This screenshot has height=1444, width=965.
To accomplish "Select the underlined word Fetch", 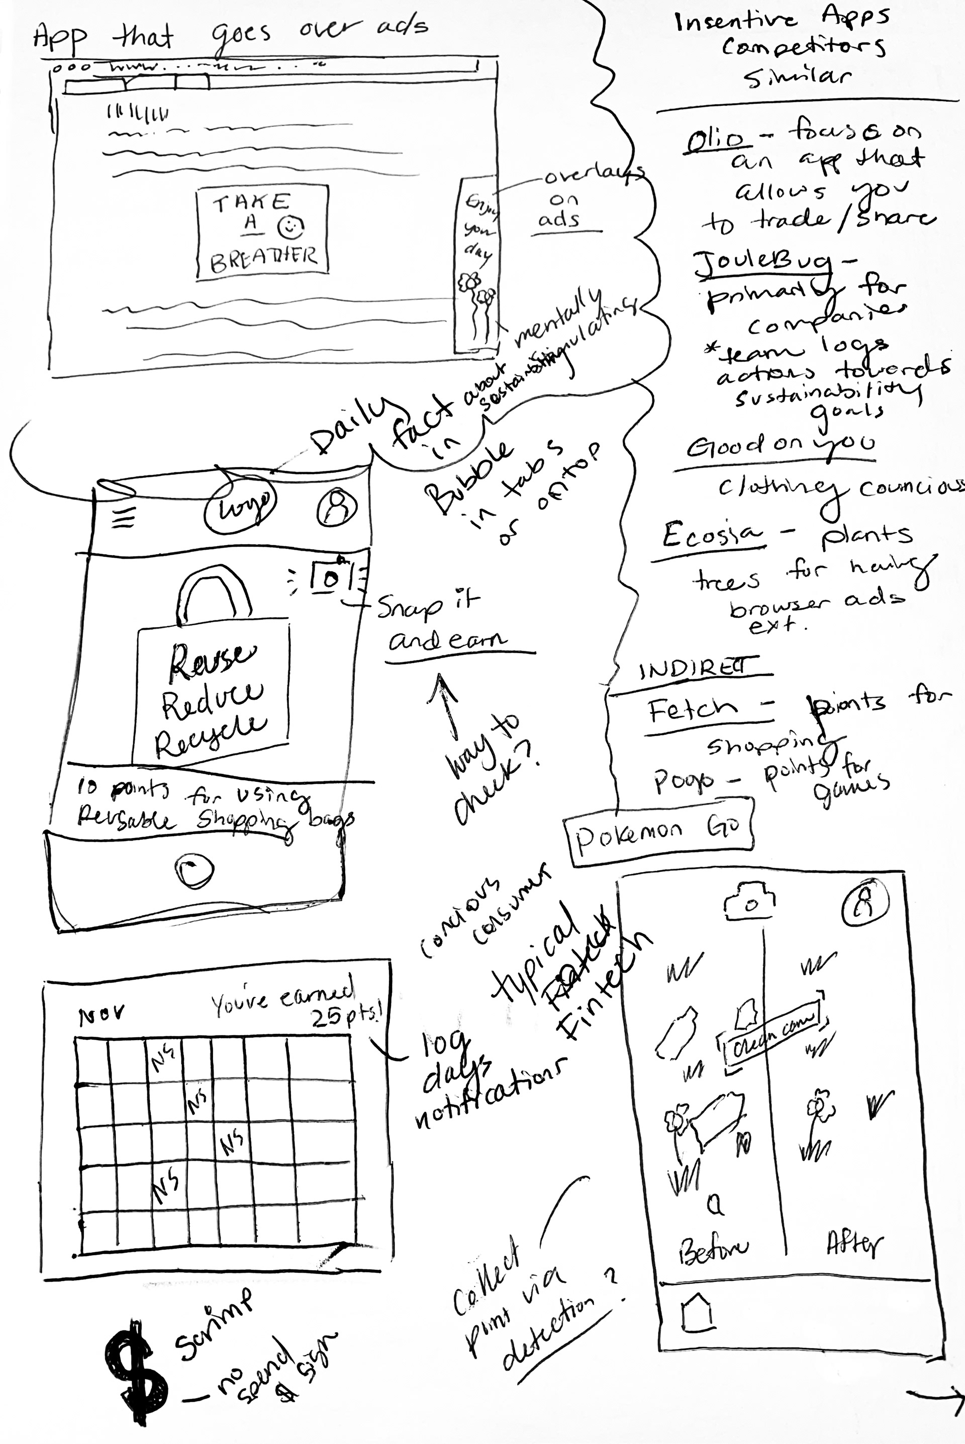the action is pos(692,712).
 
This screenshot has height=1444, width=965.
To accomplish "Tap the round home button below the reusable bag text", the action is pos(194,871).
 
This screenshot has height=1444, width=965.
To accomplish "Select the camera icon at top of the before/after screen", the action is pos(749,902).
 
